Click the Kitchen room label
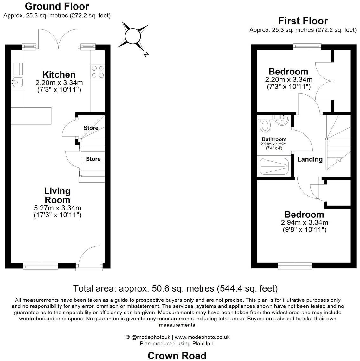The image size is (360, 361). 59,74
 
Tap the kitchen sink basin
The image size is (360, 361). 17,82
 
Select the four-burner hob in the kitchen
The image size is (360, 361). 98,72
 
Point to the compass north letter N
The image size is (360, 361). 146,55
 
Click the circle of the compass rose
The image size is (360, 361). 132,36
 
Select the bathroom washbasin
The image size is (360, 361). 281,120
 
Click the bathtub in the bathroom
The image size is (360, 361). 274,166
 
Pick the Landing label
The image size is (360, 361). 310,159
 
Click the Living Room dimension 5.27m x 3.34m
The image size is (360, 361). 58,208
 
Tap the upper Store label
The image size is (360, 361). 91,128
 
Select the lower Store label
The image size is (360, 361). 93,159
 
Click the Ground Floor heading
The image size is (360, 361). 57,6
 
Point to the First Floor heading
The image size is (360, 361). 303,21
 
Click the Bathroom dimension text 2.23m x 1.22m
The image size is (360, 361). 274,144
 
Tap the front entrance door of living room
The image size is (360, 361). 89,257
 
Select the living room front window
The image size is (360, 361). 41,266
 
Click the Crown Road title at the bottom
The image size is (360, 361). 177,356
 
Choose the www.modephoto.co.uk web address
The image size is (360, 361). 202,337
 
